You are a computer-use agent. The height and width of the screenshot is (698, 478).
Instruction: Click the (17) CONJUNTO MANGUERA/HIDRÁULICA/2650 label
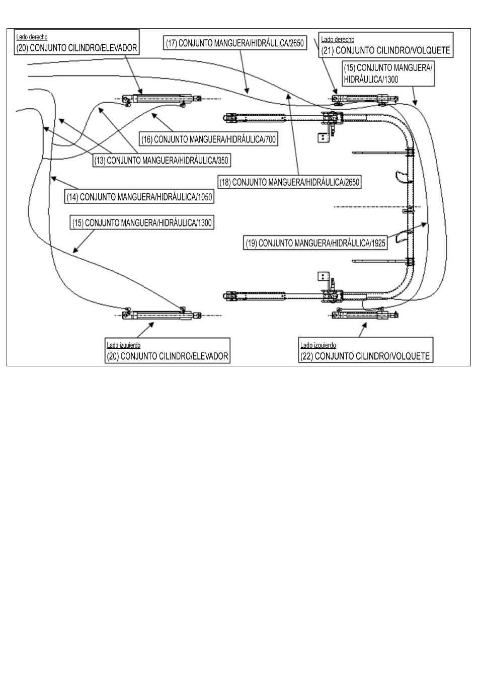pyautogui.click(x=235, y=43)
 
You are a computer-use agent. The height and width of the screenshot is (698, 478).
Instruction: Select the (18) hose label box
pyautogui.click(x=289, y=182)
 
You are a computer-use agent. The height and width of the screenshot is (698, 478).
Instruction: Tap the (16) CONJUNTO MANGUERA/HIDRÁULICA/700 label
pyautogui.click(x=208, y=139)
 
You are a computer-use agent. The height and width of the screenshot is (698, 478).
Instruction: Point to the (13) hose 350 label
pyautogui.click(x=162, y=161)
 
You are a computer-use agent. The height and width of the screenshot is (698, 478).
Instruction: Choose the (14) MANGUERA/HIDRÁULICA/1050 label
pyautogui.click(x=139, y=197)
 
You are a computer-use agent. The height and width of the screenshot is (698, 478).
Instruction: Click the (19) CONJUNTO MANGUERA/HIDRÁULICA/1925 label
pyautogui.click(x=315, y=243)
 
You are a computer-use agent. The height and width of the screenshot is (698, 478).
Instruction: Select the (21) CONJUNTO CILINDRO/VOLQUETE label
pyautogui.click(x=386, y=50)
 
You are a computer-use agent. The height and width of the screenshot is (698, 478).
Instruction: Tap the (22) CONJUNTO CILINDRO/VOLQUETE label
pyautogui.click(x=365, y=356)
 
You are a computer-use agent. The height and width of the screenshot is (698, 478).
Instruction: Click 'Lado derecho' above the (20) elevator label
pyautogui.click(x=32, y=37)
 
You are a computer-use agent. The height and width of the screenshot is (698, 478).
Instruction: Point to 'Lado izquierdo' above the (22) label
pyautogui.click(x=318, y=345)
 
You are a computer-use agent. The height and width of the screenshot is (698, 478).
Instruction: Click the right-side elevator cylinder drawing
pyautogui.click(x=162, y=100)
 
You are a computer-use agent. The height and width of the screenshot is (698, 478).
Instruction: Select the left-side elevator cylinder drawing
pyautogui.click(x=162, y=314)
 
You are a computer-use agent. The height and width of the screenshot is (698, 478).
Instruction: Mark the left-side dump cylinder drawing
pyautogui.click(x=365, y=313)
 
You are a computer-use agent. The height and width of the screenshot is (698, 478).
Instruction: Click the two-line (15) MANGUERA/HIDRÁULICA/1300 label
pyautogui.click(x=388, y=73)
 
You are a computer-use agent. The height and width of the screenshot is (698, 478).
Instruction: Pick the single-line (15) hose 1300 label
pyautogui.click(x=142, y=222)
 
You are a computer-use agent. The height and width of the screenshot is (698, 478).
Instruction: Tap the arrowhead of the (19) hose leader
pyautogui.click(x=424, y=224)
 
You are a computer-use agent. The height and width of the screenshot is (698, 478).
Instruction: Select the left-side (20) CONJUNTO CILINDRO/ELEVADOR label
pyautogui.click(x=168, y=356)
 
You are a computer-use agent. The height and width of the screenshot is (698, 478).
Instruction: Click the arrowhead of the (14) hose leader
pyautogui.click(x=54, y=178)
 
